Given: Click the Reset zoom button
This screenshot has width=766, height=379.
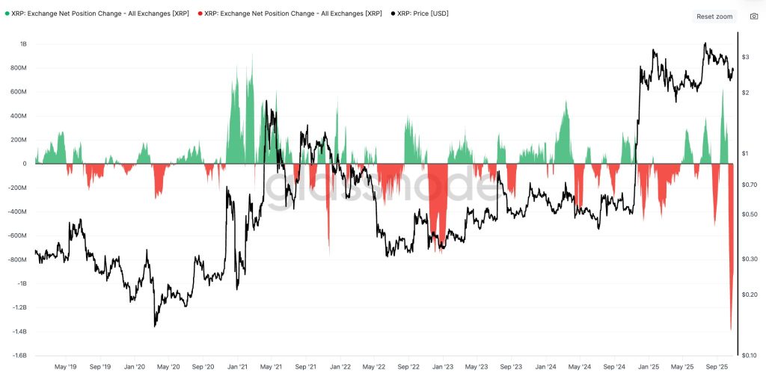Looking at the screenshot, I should tap(714, 16).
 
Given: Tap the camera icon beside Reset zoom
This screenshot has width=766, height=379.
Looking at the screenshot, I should tap(753, 16).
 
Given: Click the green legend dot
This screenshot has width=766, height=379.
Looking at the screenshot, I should tap(7, 13).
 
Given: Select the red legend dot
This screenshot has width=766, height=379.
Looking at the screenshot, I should tap(200, 13).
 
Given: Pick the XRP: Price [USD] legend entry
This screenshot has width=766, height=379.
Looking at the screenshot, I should tap(423, 13).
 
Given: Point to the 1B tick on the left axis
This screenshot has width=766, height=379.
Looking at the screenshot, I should tap(22, 44).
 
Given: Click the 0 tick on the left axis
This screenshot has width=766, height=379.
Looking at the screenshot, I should tap(25, 164).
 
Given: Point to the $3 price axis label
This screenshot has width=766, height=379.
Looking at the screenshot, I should tap(746, 57).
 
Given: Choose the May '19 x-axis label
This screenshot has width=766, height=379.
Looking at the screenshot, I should tap(67, 367).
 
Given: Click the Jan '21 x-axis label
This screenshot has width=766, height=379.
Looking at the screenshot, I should tap(237, 367).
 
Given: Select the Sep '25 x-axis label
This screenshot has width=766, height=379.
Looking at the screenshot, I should tap(717, 367).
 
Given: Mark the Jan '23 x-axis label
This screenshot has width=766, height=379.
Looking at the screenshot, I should tap(443, 367).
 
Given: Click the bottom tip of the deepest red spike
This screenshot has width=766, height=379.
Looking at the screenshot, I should tap(731, 330).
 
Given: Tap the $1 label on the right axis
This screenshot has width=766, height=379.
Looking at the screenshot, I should tap(746, 153).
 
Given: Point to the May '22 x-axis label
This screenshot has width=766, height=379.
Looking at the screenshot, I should tap(373, 367).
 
